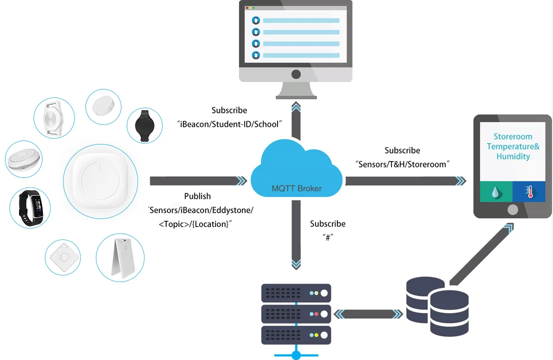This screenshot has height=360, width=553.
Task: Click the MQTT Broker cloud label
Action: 296,188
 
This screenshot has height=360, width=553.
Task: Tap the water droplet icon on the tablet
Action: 495,191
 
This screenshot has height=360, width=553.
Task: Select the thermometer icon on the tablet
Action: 529,191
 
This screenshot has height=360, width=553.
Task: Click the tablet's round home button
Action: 512,209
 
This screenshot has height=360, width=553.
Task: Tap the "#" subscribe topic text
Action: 328,237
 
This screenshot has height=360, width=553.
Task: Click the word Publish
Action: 197,196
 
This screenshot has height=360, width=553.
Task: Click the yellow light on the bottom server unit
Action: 315,334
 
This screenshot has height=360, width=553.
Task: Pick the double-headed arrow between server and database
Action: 368,314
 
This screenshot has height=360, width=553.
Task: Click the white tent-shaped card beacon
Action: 120,258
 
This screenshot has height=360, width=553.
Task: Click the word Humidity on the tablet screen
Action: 513,156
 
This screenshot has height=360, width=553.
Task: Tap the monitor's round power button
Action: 296,74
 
